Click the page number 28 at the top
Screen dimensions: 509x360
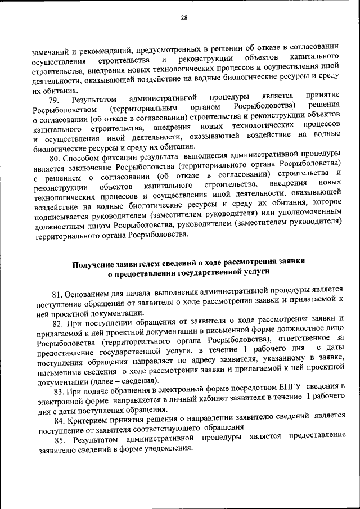pyautogui.click(x=183, y=17)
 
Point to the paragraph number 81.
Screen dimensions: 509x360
pyautogui.click(x=57, y=294)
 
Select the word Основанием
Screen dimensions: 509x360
pyautogui.click(x=91, y=294)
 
